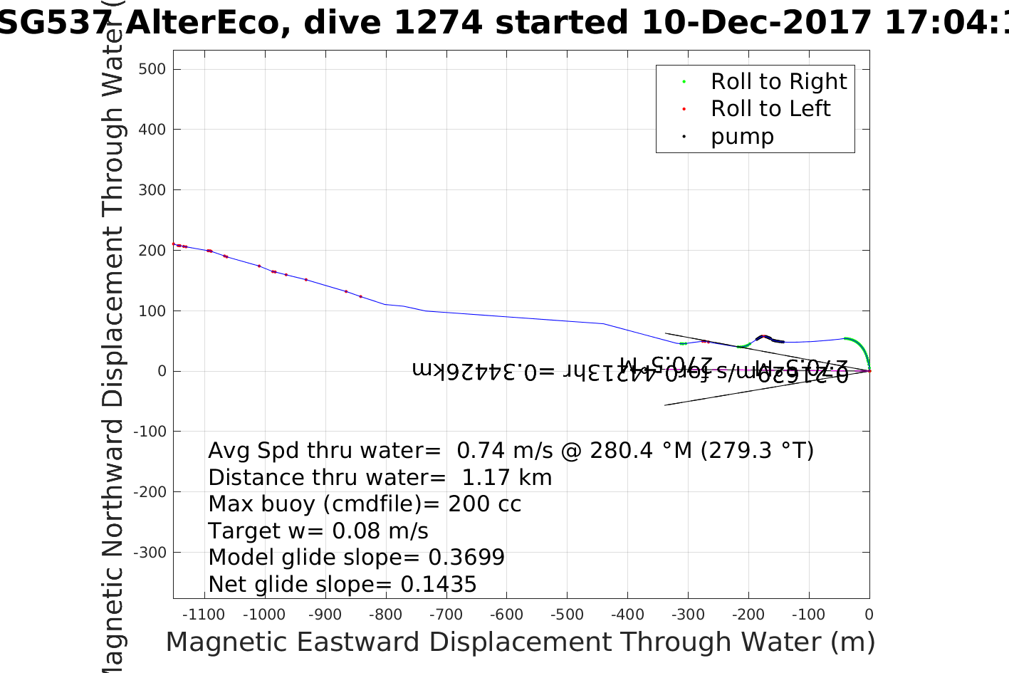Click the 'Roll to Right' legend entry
click(778, 82)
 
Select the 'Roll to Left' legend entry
click(770, 109)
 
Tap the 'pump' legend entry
click(742, 136)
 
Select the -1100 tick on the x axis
click(204, 615)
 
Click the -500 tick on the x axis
click(567, 615)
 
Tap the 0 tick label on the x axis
click(869, 615)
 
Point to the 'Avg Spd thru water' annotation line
click(511, 451)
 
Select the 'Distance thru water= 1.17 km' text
click(380, 478)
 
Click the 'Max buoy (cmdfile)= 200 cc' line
click(365, 504)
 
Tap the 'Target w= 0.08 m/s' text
click(318, 531)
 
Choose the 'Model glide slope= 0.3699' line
click(356, 558)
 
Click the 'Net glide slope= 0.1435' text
click(342, 585)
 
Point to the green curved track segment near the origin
click(860, 348)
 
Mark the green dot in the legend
click(684, 82)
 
